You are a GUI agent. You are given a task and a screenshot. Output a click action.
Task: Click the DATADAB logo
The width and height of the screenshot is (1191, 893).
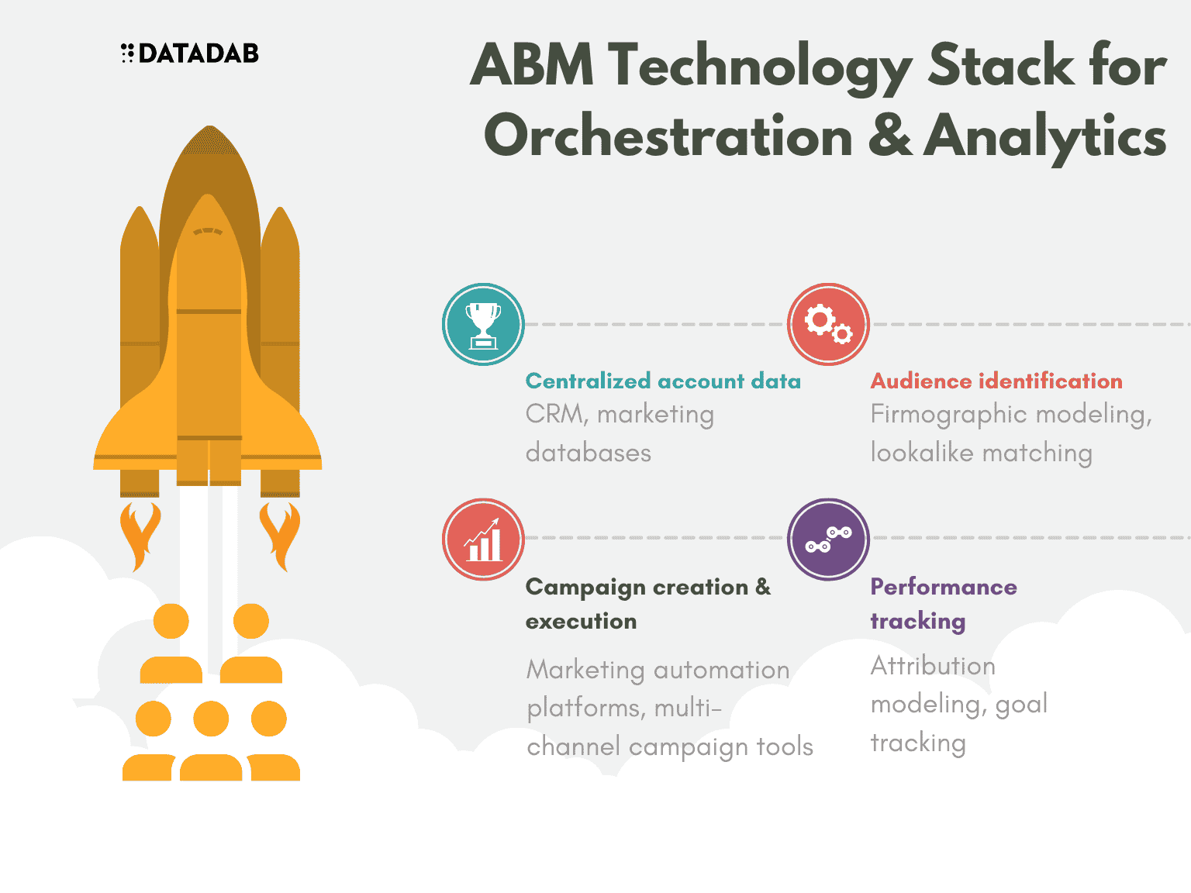click(x=189, y=53)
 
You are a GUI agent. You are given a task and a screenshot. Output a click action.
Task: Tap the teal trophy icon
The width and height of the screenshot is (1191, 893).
click(x=483, y=324)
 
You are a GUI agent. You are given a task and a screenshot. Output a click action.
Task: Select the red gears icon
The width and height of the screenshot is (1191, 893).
click(x=828, y=324)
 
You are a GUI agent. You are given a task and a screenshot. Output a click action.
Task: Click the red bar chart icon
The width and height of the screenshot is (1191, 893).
click(x=483, y=540)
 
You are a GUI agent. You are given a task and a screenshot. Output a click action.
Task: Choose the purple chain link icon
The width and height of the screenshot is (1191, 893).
click(x=828, y=540)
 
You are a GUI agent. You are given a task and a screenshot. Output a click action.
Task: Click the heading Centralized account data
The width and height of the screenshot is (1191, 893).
click(x=663, y=381)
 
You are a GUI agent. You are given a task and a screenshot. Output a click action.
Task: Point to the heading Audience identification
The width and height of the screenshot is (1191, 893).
click(x=996, y=381)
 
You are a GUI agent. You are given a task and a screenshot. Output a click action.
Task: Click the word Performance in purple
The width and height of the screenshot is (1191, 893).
click(x=944, y=587)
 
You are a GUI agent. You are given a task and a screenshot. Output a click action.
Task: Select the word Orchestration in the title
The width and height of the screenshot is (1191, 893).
click(x=668, y=136)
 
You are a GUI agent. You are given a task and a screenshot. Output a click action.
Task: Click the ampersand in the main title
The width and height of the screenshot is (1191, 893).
click(x=890, y=136)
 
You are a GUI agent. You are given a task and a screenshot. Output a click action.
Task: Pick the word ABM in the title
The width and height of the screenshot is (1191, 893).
click(x=532, y=64)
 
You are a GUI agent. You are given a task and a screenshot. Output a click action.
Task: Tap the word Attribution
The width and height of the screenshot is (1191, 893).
click(x=933, y=666)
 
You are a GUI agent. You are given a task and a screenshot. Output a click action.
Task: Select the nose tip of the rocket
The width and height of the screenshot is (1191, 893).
click(x=209, y=126)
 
